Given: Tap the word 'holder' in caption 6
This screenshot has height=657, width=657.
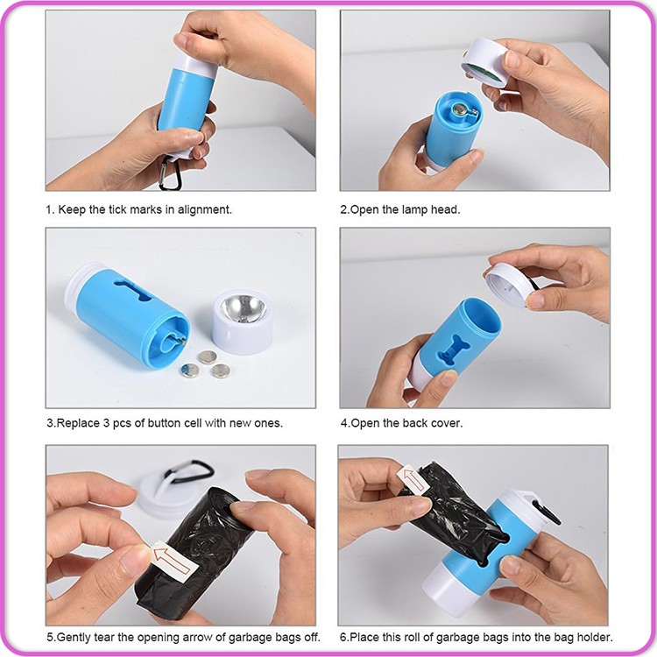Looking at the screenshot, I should [x=592, y=637].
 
